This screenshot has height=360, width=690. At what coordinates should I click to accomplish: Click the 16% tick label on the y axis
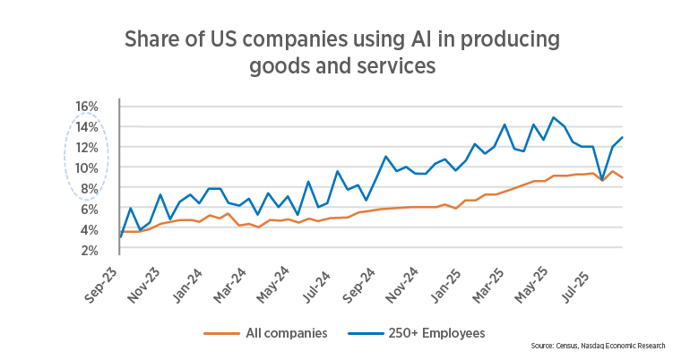86,107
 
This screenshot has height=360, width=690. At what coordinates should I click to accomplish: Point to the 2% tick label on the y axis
89,250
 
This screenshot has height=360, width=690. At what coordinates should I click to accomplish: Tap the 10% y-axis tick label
86,168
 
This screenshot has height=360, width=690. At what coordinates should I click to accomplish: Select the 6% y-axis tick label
89,210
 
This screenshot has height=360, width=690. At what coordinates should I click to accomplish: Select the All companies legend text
286,333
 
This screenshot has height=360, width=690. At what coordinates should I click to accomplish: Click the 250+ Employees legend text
438,333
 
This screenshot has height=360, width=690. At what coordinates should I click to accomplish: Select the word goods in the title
281,65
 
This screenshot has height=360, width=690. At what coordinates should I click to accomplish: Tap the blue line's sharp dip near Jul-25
603,181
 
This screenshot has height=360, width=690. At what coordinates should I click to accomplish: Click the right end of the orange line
623,177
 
